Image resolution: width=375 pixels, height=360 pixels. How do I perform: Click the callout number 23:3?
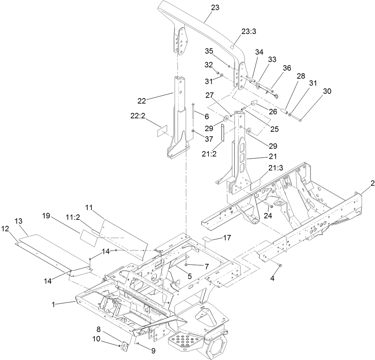pos(249,31)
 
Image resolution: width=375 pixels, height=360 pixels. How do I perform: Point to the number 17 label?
pos(227,238)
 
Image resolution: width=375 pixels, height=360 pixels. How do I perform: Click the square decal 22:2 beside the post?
pos(162,131)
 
